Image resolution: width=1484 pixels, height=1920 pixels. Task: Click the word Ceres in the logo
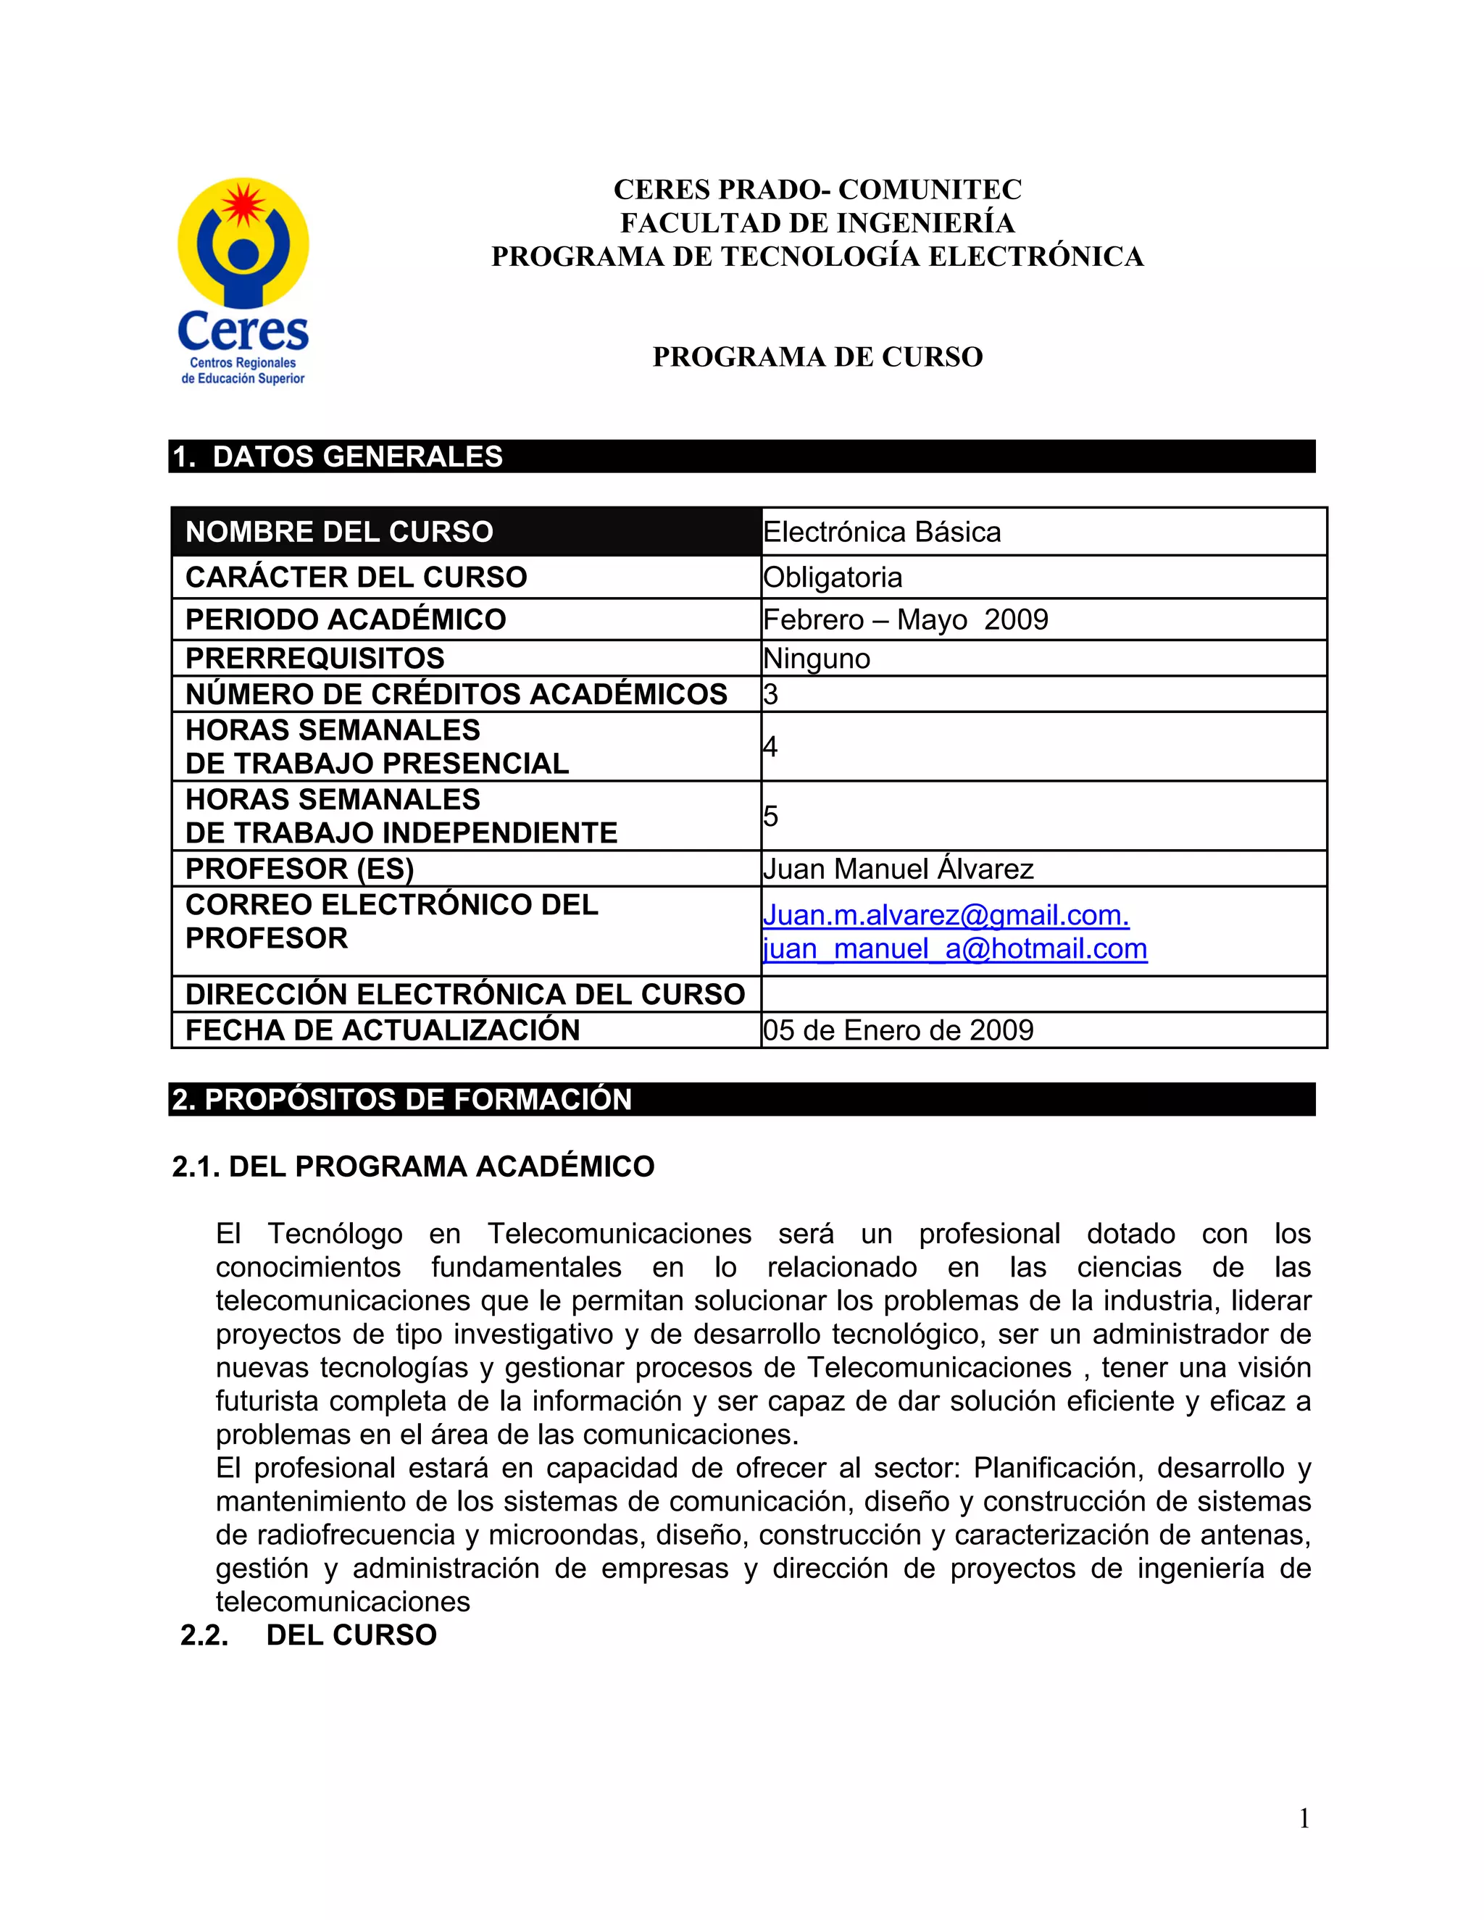pyautogui.click(x=243, y=331)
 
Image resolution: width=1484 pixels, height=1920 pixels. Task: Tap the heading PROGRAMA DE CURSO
pyautogui.click(x=817, y=357)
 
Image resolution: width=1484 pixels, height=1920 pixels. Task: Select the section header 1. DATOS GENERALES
pyautogui.click(x=338, y=457)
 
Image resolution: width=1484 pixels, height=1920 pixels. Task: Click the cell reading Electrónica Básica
pyautogui.click(x=882, y=532)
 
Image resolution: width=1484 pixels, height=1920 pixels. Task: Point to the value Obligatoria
pyautogui.click(x=833, y=577)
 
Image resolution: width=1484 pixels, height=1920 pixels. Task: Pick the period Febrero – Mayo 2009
pyautogui.click(x=906, y=619)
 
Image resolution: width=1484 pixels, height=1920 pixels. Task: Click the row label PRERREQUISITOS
pyautogui.click(x=314, y=659)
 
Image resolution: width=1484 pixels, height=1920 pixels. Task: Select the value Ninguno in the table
pyautogui.click(x=817, y=659)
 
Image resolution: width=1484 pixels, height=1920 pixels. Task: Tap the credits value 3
pyautogui.click(x=771, y=695)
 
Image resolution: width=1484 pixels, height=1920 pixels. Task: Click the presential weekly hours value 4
pyautogui.click(x=771, y=747)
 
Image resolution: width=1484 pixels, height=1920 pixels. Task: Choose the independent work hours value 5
pyautogui.click(x=771, y=817)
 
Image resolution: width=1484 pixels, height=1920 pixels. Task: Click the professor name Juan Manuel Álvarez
pyautogui.click(x=898, y=869)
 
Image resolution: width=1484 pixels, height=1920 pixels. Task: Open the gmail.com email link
pyautogui.click(x=945, y=916)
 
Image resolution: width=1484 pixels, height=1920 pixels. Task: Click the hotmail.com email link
pyautogui.click(x=955, y=949)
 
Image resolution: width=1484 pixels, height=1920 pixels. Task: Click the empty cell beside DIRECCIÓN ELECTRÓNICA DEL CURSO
pyautogui.click(x=1043, y=994)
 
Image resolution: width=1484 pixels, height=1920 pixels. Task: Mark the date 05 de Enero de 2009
pyautogui.click(x=898, y=1030)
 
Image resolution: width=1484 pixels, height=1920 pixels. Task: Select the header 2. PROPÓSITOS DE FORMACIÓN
pyautogui.click(x=401, y=1100)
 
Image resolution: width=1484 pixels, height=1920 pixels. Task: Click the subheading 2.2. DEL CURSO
pyautogui.click(x=309, y=1635)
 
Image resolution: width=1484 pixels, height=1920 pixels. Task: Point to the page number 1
pyautogui.click(x=1304, y=1819)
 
